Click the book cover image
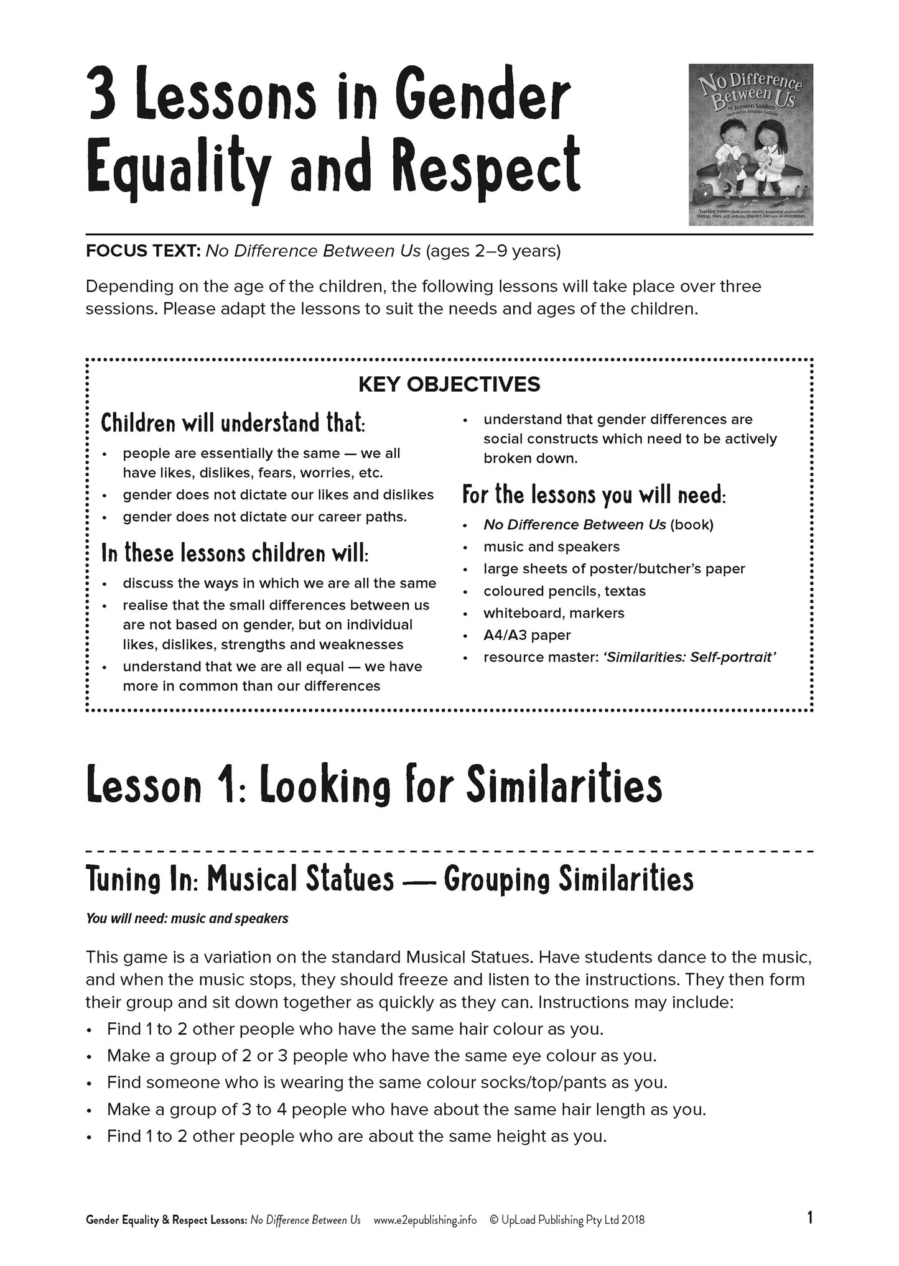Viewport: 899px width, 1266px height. (750, 144)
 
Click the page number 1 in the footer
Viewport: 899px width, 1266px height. (809, 1219)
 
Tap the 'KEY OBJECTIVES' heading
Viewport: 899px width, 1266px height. (449, 384)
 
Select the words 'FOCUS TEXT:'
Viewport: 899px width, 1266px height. (143, 251)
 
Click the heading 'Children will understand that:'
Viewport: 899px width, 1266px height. (233, 423)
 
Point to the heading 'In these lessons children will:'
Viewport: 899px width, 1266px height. (235, 553)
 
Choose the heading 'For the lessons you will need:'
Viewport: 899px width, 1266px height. (594, 495)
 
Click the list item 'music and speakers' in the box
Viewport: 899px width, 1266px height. (551, 547)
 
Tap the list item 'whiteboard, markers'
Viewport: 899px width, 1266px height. (554, 613)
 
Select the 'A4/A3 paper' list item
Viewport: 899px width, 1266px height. (527, 635)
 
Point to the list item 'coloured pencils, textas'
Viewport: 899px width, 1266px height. (564, 591)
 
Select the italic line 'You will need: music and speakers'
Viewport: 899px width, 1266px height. (187, 918)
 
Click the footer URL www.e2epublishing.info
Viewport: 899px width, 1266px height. (425, 1220)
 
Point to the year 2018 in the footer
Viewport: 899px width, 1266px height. (632, 1220)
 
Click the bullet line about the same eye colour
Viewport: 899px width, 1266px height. (381, 1056)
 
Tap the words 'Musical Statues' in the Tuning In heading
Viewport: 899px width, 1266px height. (300, 879)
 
